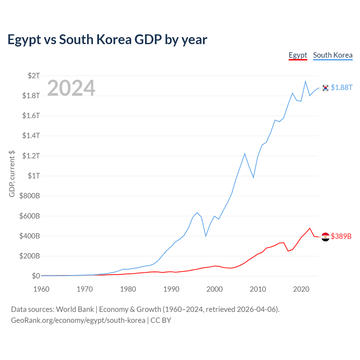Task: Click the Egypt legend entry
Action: (298, 55)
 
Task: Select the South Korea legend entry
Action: (333, 55)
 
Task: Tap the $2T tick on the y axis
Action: (34, 76)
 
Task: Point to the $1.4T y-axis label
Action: (31, 136)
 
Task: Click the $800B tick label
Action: (30, 196)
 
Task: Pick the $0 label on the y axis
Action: (36, 276)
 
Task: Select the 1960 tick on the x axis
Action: (41, 289)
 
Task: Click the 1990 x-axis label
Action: (171, 289)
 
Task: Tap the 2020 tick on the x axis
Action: (301, 289)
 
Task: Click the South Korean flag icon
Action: (325, 88)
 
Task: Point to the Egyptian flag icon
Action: (325, 237)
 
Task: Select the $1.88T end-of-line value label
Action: (342, 88)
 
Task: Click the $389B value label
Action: (341, 236)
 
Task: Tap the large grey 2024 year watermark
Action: (71, 88)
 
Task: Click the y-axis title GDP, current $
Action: (12, 174)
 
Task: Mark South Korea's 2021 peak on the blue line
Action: (305, 81)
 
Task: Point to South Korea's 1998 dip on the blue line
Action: (206, 236)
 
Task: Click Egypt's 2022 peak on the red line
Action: (310, 228)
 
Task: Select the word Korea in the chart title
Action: (114, 40)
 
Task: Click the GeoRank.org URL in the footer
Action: (78, 320)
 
